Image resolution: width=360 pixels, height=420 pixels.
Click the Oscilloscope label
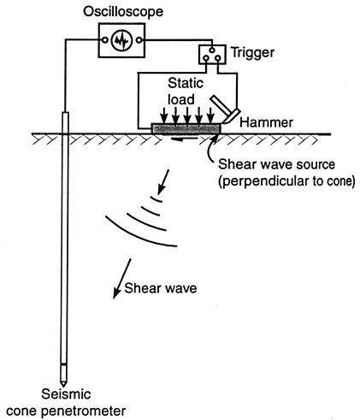pos(123,12)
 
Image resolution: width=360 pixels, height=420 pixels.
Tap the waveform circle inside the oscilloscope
pos(121,40)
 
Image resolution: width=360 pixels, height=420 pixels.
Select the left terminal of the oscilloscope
pos(105,40)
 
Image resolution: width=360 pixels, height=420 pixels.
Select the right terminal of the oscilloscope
pos(139,40)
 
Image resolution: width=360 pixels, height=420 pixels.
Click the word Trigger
pos(252,53)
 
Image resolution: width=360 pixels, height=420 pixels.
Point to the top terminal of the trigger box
pos(212,50)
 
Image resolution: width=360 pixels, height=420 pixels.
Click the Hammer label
pos(266,122)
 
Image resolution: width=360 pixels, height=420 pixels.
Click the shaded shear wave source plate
pos(186,128)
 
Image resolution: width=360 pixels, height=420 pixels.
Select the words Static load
pos(186,92)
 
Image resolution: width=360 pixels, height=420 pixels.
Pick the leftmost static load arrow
pos(163,115)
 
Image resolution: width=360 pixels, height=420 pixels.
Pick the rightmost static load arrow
pos(210,115)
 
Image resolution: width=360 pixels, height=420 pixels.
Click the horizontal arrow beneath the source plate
pos(184,139)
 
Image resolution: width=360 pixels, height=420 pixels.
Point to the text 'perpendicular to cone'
pos(286,181)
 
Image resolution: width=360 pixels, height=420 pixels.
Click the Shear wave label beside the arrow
pos(161,288)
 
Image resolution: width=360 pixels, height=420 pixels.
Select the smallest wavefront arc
pos(156,199)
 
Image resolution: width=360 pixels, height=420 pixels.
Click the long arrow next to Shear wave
pos(122,279)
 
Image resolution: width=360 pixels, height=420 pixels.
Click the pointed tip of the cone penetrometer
pos(63,387)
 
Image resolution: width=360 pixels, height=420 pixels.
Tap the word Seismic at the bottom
pos(66,394)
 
